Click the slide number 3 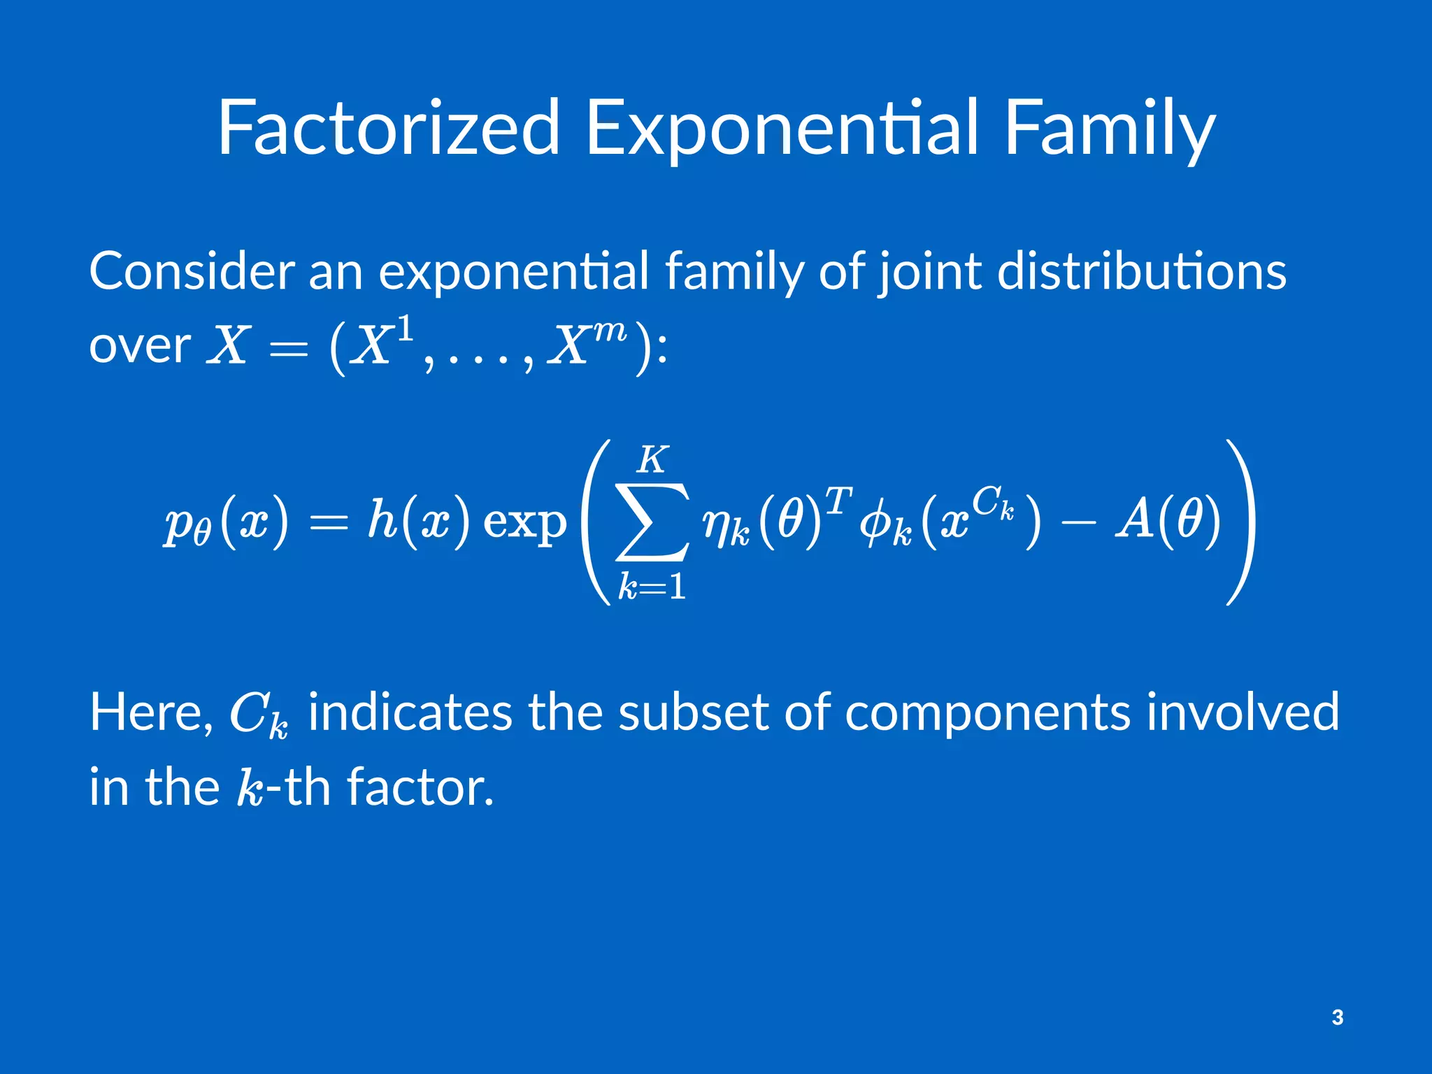[x=1337, y=1017]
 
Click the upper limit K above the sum [x=652, y=460]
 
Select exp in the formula [x=525, y=523]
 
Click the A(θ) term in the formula [x=1167, y=521]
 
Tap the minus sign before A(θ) [x=1077, y=523]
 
